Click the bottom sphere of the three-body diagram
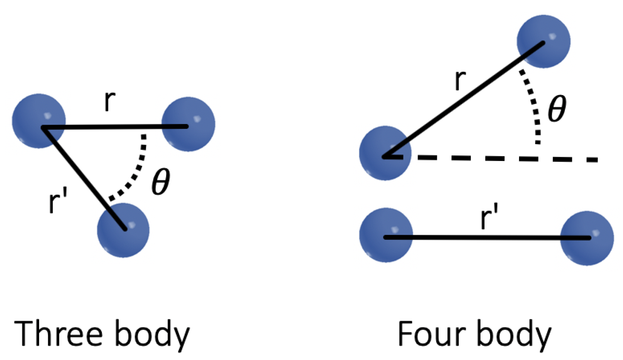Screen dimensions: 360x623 pyautogui.click(x=123, y=230)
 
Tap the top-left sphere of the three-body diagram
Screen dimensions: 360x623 pyautogui.click(x=39, y=120)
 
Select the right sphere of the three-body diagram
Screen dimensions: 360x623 pyautogui.click(x=188, y=124)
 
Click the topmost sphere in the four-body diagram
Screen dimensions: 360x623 pyautogui.click(x=543, y=41)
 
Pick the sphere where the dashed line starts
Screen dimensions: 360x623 pyautogui.click(x=385, y=153)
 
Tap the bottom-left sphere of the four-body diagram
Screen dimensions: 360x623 pyautogui.click(x=386, y=235)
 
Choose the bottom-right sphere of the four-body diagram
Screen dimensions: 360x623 pyautogui.click(x=587, y=238)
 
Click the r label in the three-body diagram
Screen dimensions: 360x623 pyautogui.click(x=110, y=101)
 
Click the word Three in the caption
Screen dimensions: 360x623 pyautogui.click(x=58, y=333)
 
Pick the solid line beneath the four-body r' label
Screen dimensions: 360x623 pyautogui.click(x=486, y=238)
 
